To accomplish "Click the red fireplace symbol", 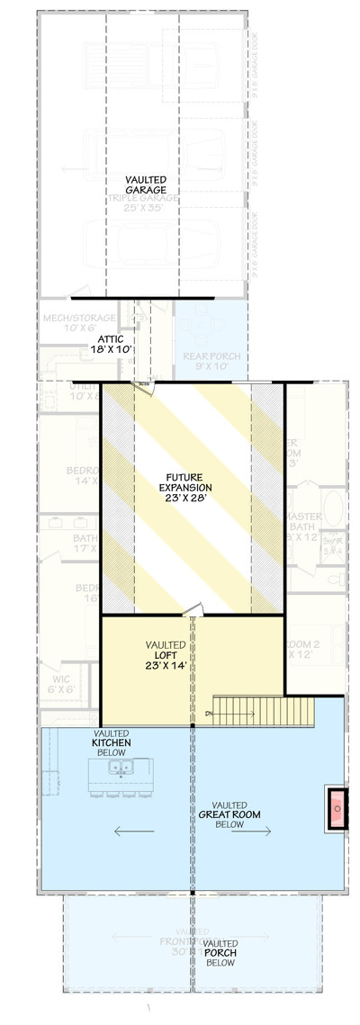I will pyautogui.click(x=337, y=808).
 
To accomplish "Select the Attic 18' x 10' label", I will pyautogui.click(x=111, y=344).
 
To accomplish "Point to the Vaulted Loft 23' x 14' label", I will pyautogui.click(x=166, y=656).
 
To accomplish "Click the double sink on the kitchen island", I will pyautogui.click(x=119, y=768).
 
